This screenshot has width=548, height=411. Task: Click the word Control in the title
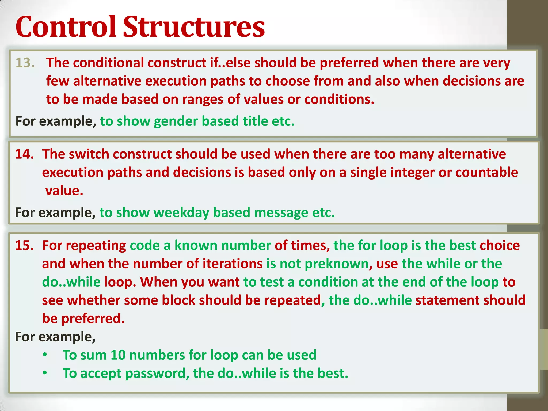tap(66, 27)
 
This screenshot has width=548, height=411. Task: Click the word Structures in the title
tap(194, 27)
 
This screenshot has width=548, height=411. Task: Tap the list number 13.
tap(25, 63)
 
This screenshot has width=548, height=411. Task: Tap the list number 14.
tap(24, 154)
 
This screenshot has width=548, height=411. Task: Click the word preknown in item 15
tap(337, 264)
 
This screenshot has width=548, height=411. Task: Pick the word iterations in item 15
tap(233, 264)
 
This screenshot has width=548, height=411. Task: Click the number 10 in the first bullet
tap(118, 355)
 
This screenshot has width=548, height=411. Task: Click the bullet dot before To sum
tap(45, 355)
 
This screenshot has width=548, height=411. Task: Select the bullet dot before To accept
tap(45, 373)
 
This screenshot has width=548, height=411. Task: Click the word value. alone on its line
tap(64, 191)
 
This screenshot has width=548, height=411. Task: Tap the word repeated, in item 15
tap(295, 300)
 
